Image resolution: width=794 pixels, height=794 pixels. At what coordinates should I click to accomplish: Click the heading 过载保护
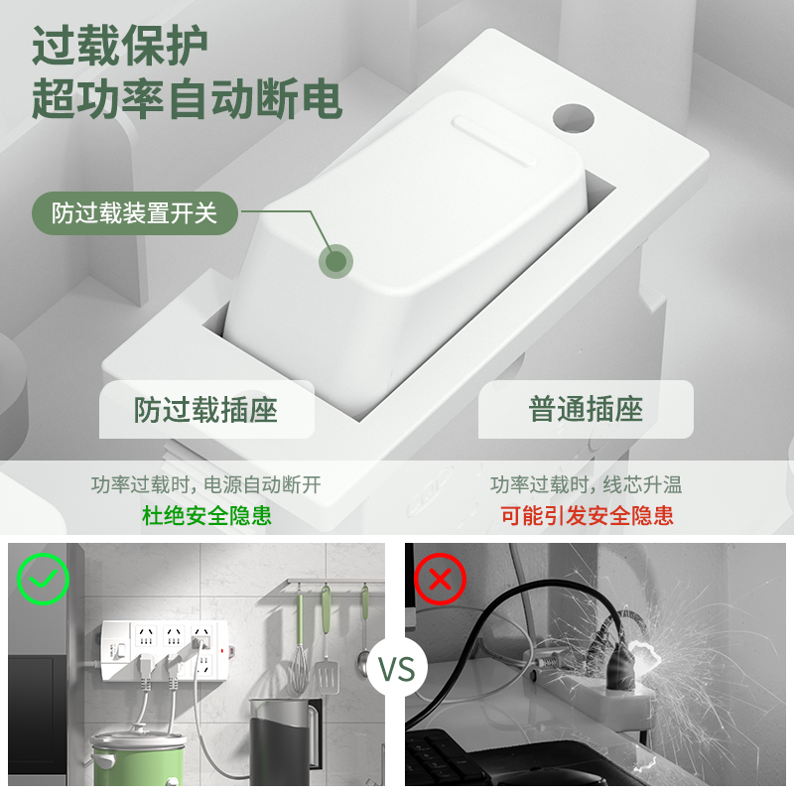(120, 45)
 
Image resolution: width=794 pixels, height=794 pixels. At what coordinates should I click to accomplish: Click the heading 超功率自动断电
(187, 98)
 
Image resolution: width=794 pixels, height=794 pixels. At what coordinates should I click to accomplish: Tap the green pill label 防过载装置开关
(135, 212)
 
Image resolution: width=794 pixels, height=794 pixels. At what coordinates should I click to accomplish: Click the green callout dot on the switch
(335, 261)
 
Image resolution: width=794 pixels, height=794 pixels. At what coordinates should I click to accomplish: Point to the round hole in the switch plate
(574, 118)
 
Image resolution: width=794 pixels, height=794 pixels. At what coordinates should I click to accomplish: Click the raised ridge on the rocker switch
(494, 140)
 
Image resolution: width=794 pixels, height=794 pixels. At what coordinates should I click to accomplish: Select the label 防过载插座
(206, 409)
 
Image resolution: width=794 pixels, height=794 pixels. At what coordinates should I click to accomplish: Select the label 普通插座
(586, 409)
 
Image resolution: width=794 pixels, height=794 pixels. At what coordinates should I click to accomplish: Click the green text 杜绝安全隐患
(206, 515)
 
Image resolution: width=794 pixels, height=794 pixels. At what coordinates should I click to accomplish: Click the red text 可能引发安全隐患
(587, 515)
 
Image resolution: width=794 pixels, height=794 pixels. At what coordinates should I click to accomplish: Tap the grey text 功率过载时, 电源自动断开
(206, 484)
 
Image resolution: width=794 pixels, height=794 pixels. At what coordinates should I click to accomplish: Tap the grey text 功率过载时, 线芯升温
(586, 484)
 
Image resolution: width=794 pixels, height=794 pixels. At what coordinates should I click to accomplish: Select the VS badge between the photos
(397, 668)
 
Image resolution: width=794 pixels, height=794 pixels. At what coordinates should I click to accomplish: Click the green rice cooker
(138, 756)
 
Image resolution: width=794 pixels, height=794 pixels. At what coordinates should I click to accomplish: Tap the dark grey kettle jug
(285, 740)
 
